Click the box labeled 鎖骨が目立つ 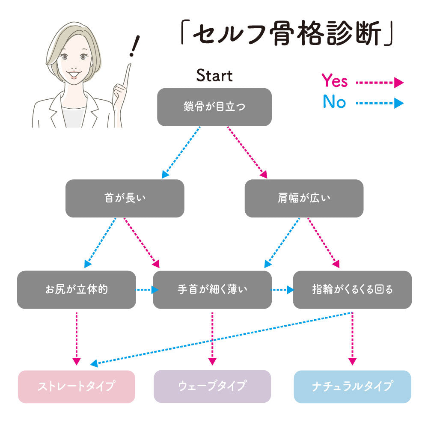(x=214, y=107)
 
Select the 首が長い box (x=125, y=198)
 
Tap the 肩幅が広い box (x=304, y=198)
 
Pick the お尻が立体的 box (x=76, y=289)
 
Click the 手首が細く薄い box (x=212, y=289)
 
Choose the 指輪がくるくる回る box (x=352, y=289)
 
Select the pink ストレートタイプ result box (x=76, y=386)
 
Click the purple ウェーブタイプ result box (x=212, y=386)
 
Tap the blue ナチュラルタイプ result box (x=352, y=386)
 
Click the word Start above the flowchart (x=214, y=76)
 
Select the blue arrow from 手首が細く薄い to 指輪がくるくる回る (x=282, y=290)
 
